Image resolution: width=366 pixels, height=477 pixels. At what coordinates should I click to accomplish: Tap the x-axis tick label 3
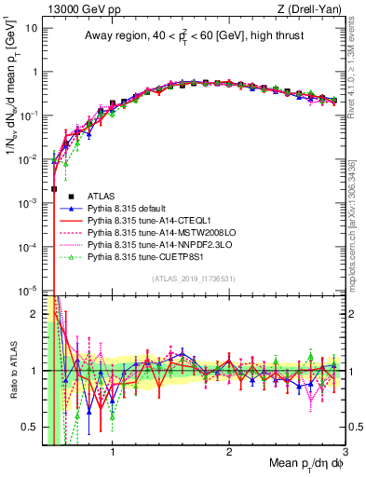coord(345,454)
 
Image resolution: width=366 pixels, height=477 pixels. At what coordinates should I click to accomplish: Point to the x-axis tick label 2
coord(229,454)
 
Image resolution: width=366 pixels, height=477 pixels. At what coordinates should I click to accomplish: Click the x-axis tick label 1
coord(113,454)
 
